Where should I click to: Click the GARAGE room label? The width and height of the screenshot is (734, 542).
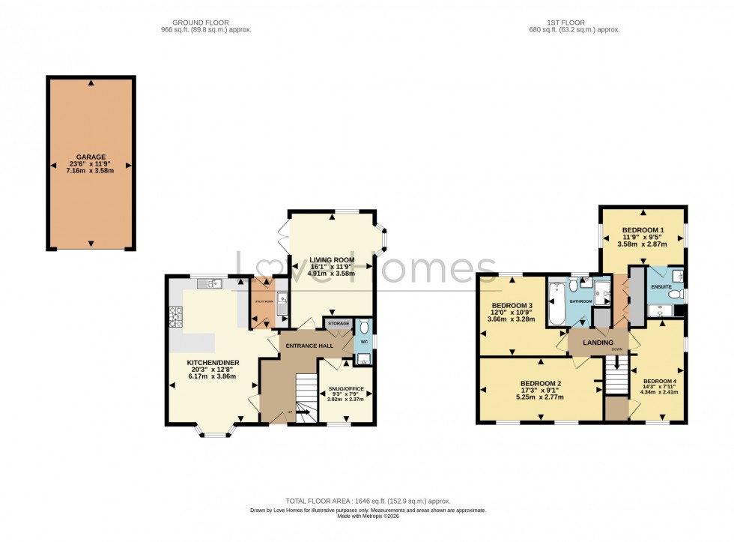coord(91,157)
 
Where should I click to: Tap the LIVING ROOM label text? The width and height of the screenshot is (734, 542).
coord(333,259)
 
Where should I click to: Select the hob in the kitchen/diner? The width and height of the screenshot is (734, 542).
coord(176,319)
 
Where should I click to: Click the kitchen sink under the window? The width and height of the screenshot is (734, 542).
coord(214,283)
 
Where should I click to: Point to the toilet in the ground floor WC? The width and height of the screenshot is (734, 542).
coord(364,327)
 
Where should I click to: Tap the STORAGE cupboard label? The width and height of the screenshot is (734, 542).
coord(339,323)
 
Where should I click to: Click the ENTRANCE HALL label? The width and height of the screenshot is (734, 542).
coord(306,346)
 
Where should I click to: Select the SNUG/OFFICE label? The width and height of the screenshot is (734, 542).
coord(345,388)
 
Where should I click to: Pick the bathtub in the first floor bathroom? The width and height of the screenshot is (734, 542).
coord(556,304)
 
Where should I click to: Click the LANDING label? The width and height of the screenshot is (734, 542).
coord(598,343)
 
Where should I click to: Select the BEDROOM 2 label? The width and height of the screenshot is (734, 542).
coord(541,383)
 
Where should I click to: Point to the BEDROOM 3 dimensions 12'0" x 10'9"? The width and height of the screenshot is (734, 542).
coord(512,313)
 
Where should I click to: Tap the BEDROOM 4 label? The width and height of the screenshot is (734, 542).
coord(659,379)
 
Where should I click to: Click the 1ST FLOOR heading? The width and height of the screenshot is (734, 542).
coord(574,22)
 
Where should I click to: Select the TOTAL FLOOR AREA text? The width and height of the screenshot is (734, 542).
coord(367,501)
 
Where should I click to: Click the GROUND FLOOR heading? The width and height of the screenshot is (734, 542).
coord(206,22)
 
